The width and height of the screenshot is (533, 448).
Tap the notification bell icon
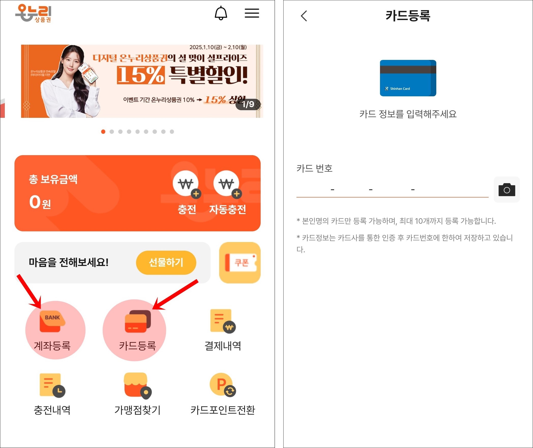221,13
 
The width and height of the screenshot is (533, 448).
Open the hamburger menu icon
252,13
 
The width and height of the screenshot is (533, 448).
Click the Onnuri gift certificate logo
33,13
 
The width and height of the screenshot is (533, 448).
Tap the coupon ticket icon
240,262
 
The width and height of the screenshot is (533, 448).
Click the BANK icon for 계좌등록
52,321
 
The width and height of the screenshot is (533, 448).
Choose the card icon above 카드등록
138,321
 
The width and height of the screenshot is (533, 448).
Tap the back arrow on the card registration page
304,16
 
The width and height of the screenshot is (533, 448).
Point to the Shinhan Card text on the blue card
400,89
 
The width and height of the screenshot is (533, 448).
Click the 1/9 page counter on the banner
248,104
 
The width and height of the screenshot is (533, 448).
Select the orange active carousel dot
103,132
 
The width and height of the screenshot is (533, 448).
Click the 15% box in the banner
141,75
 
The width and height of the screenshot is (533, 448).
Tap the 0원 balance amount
40,202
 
